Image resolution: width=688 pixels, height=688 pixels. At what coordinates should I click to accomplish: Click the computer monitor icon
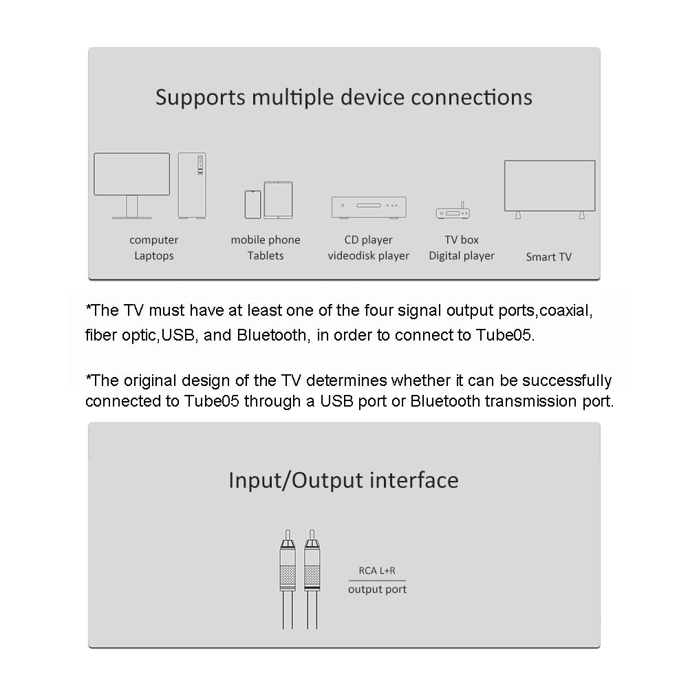pyautogui.click(x=131, y=177)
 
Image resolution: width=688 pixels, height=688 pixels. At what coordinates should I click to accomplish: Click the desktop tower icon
pyautogui.click(x=191, y=185)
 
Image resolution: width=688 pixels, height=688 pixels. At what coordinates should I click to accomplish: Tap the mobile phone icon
pyautogui.click(x=252, y=204)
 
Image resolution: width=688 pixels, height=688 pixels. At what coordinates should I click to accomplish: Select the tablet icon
pyautogui.click(x=278, y=200)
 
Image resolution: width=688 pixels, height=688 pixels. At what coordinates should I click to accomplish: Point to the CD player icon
pyautogui.click(x=368, y=207)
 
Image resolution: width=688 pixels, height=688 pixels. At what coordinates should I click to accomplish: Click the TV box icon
pyautogui.click(x=452, y=213)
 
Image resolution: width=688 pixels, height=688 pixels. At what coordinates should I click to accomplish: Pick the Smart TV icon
pyautogui.click(x=550, y=187)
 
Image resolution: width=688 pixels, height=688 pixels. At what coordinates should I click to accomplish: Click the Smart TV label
pyautogui.click(x=548, y=257)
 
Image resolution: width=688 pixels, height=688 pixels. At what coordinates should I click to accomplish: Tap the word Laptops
pyautogui.click(x=153, y=255)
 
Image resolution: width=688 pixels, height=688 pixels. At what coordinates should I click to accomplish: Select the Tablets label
pyautogui.click(x=266, y=255)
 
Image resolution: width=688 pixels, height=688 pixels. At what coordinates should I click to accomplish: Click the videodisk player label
pyautogui.click(x=368, y=255)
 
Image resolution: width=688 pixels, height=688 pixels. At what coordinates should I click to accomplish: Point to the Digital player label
pyautogui.click(x=462, y=255)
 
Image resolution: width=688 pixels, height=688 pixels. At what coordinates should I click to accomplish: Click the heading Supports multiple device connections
pyautogui.click(x=343, y=97)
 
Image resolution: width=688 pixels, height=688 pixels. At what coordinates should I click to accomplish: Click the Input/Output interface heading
pyautogui.click(x=343, y=480)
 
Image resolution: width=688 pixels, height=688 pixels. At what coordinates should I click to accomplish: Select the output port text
pyautogui.click(x=377, y=589)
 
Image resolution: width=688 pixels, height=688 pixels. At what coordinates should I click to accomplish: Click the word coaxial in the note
pyautogui.click(x=566, y=310)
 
